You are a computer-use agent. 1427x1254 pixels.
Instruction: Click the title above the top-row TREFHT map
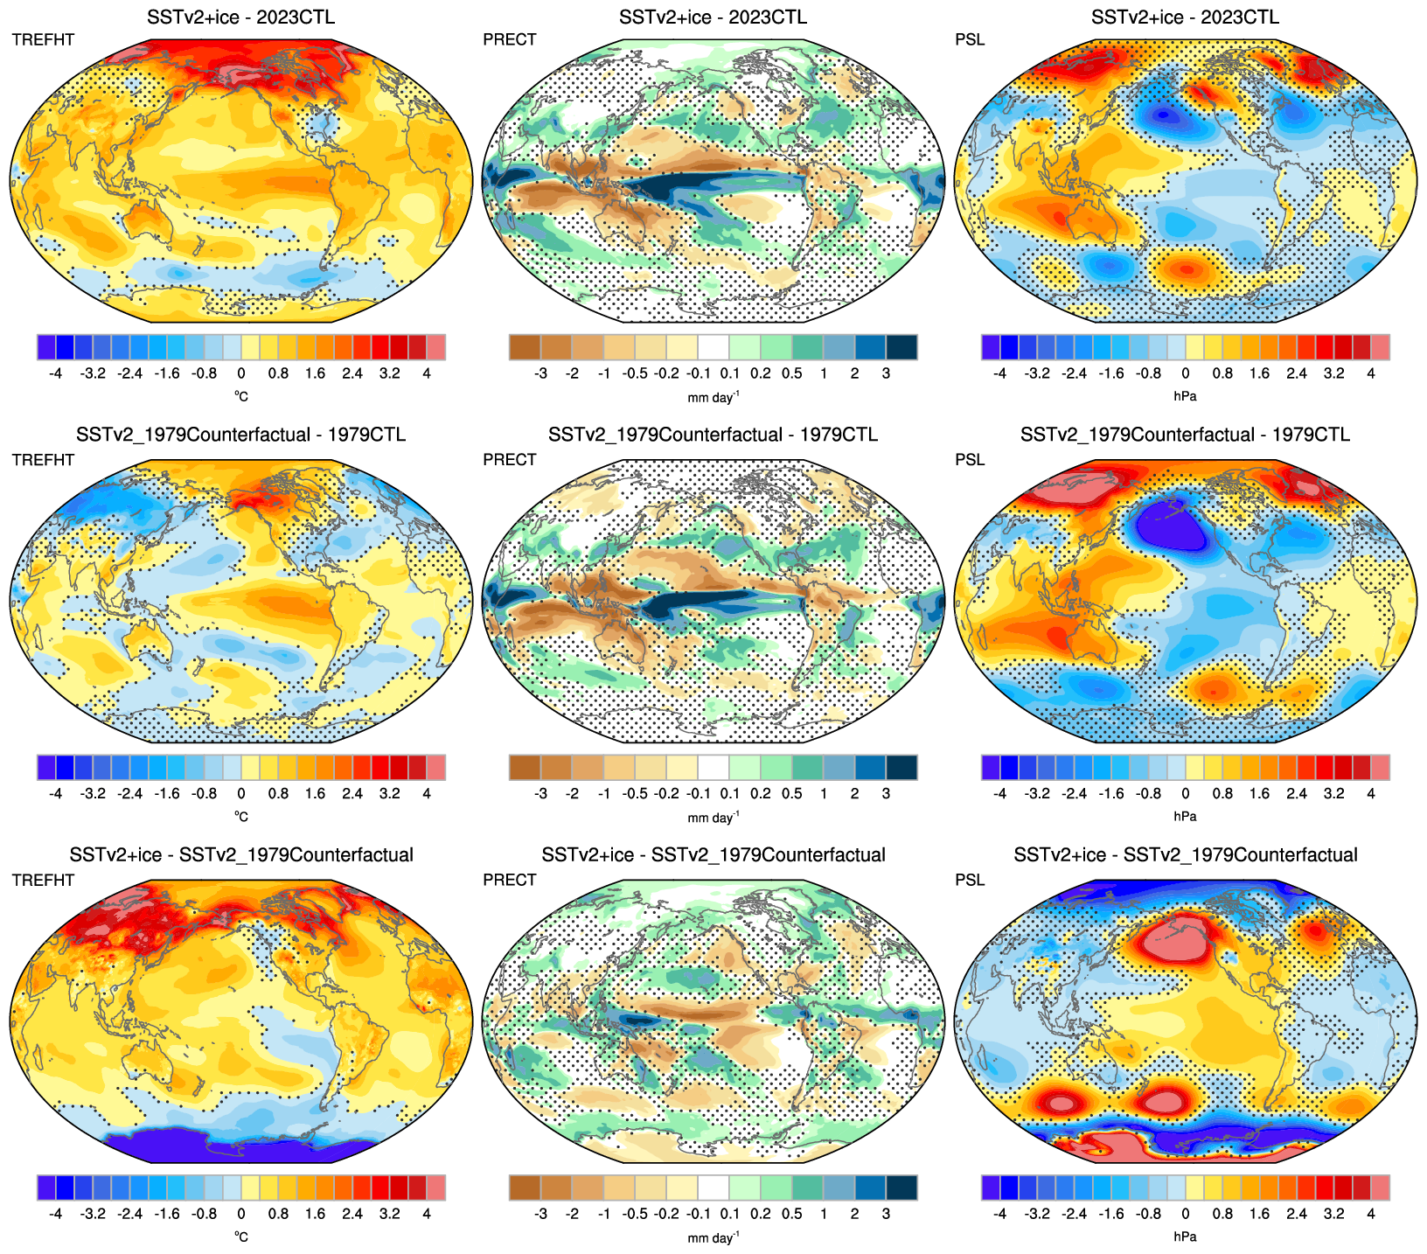point(240,17)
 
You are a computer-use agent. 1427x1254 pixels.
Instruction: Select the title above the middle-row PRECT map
point(713,435)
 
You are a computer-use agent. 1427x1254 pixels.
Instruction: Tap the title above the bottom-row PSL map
point(1185,854)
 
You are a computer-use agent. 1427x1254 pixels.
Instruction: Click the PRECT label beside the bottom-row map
point(509,880)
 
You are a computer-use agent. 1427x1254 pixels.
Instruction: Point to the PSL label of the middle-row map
point(970,460)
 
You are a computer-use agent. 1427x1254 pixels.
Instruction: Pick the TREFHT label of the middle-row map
point(43,460)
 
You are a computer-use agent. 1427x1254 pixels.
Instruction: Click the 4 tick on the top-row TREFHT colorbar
point(427,373)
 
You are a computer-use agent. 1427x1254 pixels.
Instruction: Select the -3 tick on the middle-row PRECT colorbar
point(540,793)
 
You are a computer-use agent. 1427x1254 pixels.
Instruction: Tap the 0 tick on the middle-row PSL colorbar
point(1185,793)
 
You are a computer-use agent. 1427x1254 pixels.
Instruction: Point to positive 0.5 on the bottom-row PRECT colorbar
point(792,1214)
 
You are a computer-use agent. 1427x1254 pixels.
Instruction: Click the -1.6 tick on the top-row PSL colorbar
point(1111,373)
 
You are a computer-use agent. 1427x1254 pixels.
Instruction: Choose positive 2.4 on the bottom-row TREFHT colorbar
point(352,1214)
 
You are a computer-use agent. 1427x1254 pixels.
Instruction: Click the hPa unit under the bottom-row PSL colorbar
point(1185,1237)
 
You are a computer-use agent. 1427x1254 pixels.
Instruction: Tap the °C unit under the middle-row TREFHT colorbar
point(240,817)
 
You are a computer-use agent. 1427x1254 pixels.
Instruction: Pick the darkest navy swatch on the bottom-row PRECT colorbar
point(901,1188)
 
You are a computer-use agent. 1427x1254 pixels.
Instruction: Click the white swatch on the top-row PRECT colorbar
point(713,347)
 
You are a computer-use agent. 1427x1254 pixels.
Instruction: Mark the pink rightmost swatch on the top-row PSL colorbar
point(1380,347)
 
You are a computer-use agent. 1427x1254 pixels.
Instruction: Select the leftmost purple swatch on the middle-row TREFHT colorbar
point(47,767)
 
